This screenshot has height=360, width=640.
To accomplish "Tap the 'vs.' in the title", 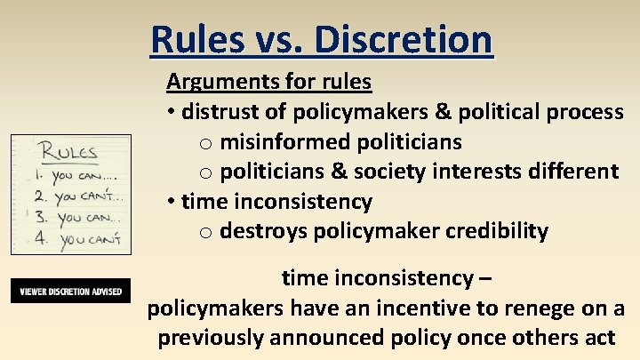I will (281, 39).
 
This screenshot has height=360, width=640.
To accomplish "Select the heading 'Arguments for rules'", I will (268, 82).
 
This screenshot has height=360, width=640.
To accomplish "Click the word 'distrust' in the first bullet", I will (221, 112).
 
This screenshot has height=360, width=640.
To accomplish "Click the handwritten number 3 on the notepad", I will (39, 217).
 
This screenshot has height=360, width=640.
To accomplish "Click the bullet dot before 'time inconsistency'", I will (171, 202).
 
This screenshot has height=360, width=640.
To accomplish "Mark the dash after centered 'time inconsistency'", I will (483, 278).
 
